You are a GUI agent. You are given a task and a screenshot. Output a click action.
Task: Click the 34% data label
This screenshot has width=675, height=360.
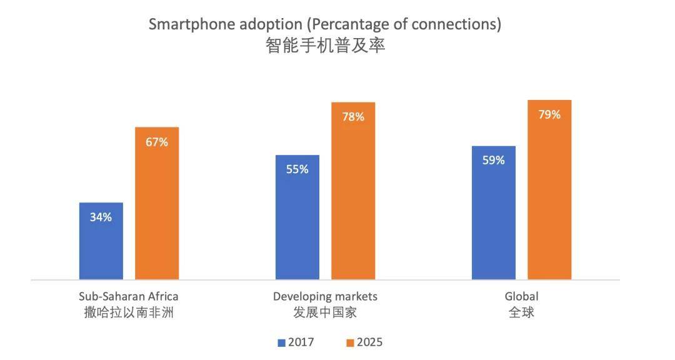click(101, 217)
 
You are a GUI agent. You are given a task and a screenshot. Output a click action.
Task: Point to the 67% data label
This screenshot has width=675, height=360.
click(157, 142)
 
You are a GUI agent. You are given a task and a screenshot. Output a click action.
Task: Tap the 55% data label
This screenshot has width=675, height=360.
click(297, 169)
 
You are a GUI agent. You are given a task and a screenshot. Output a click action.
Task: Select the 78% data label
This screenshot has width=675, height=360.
click(353, 117)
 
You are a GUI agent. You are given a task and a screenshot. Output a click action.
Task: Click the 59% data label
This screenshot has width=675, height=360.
click(493, 160)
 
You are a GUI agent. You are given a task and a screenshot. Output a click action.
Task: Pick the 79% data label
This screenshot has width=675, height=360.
click(549, 114)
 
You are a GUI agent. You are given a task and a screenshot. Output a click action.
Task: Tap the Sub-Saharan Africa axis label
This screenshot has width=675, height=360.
click(129, 296)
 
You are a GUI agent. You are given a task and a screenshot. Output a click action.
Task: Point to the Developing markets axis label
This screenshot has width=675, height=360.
click(325, 296)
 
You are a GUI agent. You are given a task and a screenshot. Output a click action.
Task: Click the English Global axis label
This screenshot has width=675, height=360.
click(521, 296)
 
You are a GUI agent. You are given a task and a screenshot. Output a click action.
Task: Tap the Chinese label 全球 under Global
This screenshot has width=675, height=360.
click(521, 312)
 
